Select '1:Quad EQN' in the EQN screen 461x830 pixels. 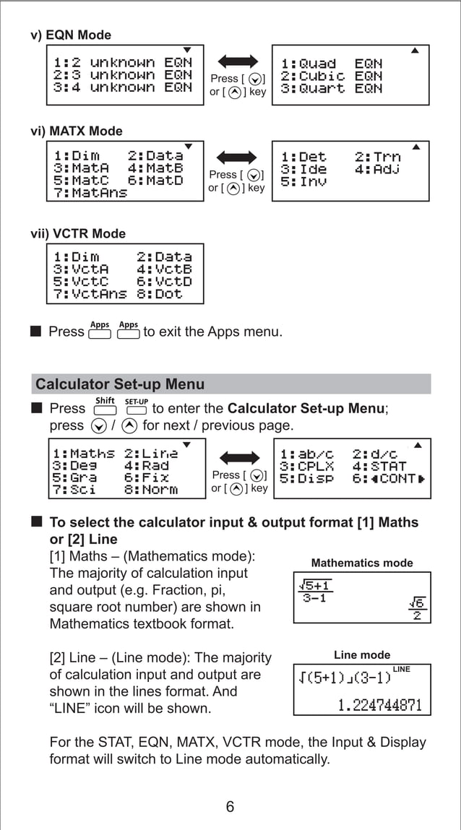click(x=331, y=64)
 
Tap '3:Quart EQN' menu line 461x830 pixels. click(x=331, y=88)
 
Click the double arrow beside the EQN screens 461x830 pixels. click(x=238, y=61)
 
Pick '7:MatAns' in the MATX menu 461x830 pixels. click(x=90, y=193)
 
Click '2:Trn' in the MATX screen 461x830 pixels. click(x=377, y=157)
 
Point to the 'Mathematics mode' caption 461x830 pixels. click(x=362, y=563)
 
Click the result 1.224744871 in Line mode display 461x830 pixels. click(x=379, y=704)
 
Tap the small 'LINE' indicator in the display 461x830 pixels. click(x=401, y=670)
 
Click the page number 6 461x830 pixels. click(x=230, y=807)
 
